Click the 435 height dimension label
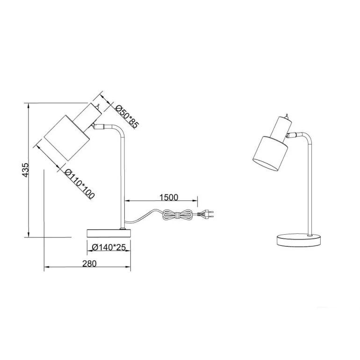25,170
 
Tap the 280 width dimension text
90,264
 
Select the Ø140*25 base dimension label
109,247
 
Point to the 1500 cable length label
169,197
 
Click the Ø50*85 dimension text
127,116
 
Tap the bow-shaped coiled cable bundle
177,215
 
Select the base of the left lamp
108,233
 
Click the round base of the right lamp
299,240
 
